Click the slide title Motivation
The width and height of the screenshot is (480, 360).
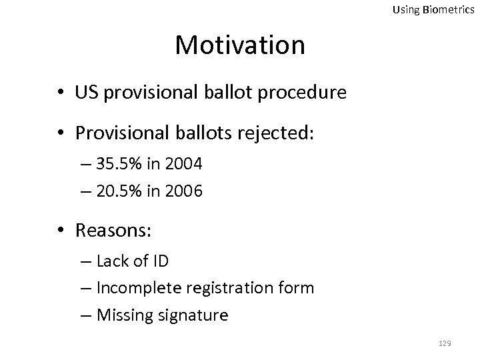(x=240, y=45)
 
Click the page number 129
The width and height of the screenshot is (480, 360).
(x=445, y=343)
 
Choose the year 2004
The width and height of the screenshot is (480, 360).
(x=184, y=164)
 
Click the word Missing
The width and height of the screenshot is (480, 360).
(x=124, y=314)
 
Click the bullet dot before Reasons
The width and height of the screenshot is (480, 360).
(x=61, y=231)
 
